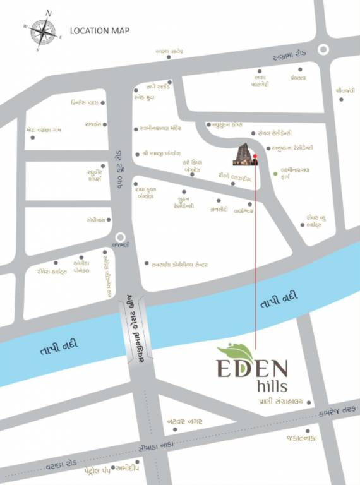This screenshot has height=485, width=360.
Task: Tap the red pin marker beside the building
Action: [x=255, y=156]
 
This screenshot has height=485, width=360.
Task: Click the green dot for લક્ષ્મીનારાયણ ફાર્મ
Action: [x=275, y=173]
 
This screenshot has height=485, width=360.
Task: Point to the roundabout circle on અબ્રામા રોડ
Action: [x=323, y=49]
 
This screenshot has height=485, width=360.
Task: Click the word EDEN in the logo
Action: [x=253, y=368]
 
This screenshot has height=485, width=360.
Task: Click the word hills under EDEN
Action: [x=272, y=385]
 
